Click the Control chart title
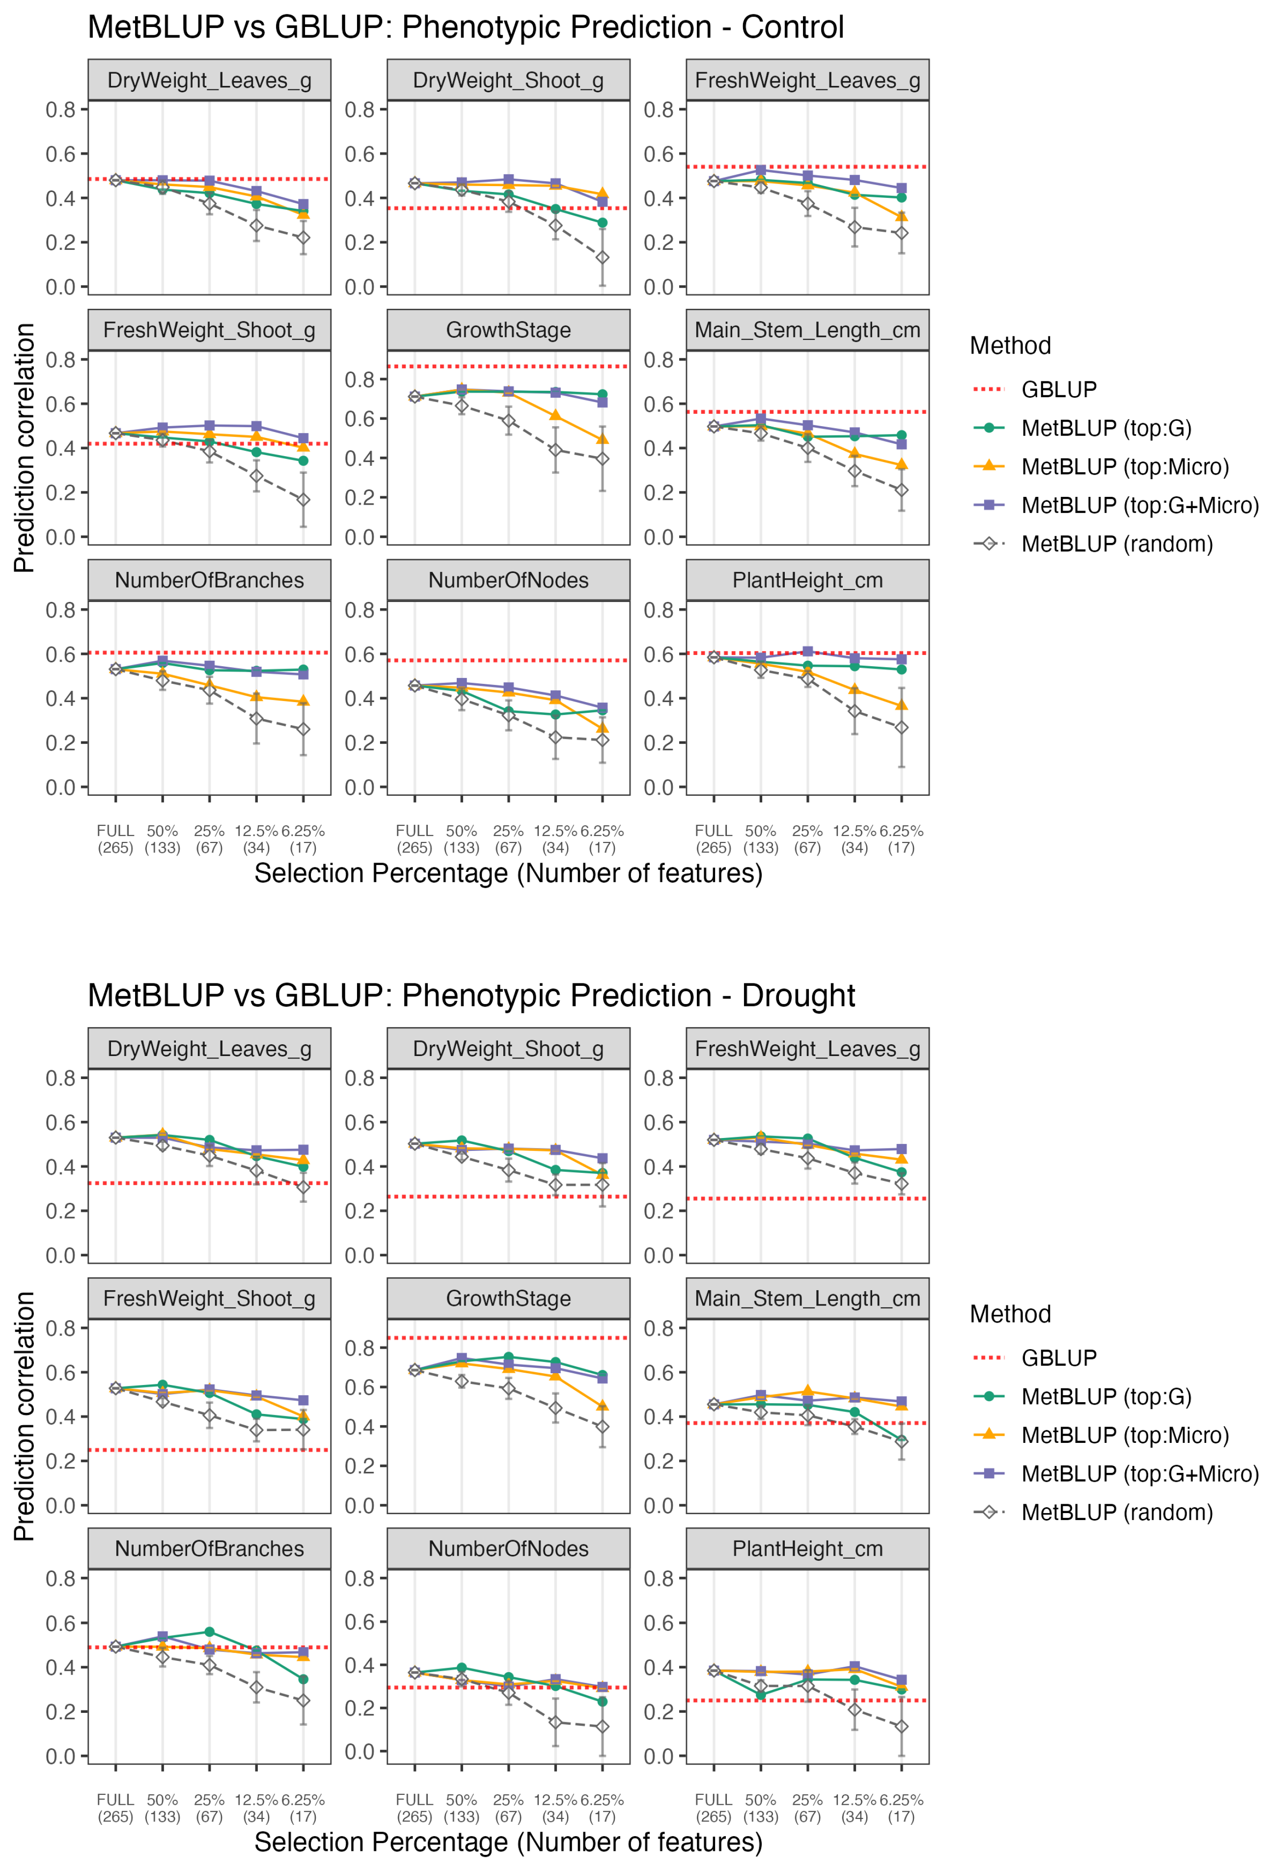pos(466,27)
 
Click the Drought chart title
pos(471,996)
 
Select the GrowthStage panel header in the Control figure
pos(508,330)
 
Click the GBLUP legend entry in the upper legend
pos(1059,390)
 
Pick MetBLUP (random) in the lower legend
pos(1117,1513)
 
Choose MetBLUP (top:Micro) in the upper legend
pos(1125,467)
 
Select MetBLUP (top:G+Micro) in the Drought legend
pos(1139,1474)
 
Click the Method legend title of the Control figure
pos(1010,345)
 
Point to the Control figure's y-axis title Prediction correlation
pos(24,448)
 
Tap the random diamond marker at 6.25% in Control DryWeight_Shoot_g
pos(602,258)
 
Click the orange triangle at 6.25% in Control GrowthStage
pos(602,439)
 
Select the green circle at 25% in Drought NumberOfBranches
pos(209,1632)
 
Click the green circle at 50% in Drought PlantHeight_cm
pos(761,1696)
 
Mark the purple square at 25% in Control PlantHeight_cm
pos(807,651)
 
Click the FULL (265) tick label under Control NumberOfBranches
pos(115,839)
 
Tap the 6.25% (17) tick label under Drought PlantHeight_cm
pos(901,1808)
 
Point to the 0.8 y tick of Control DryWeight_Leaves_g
pos(60,109)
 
